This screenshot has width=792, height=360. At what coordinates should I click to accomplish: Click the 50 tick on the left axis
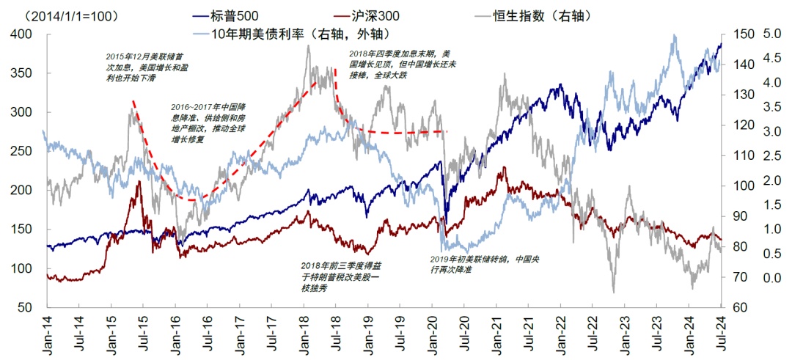[27, 307]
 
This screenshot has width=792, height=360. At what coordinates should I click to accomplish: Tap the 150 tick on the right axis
[737, 34]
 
